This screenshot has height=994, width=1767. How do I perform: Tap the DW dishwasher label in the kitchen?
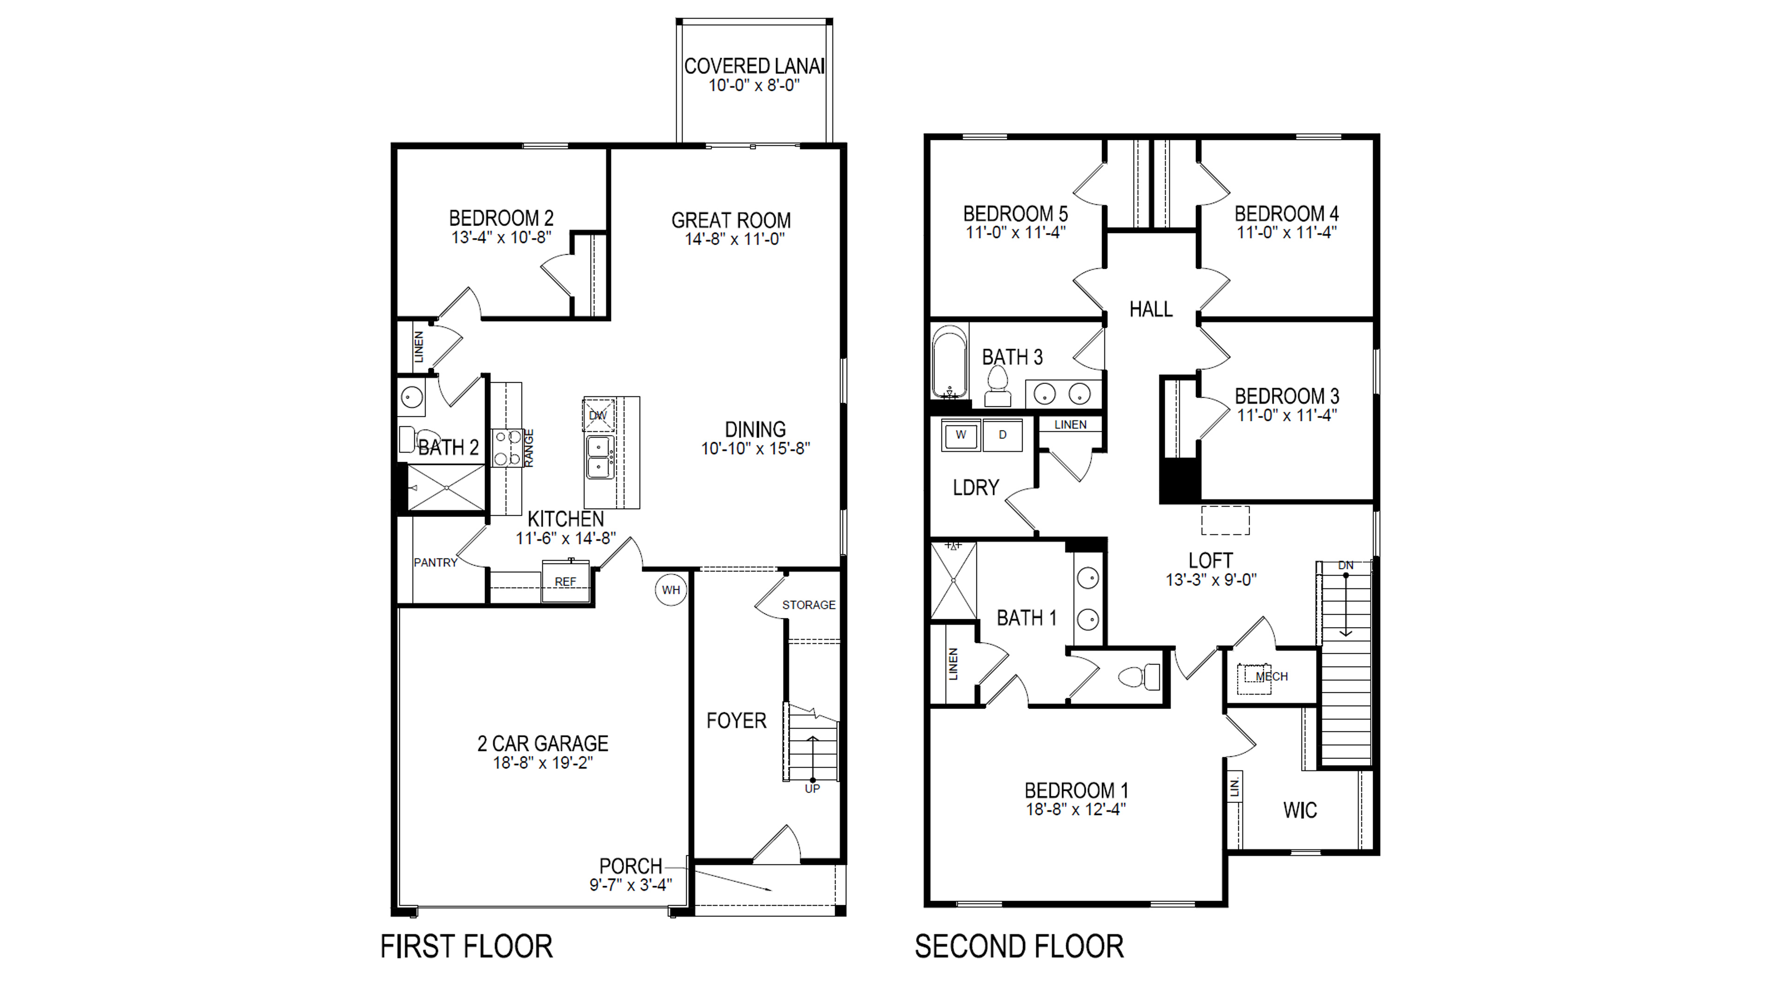pos(598,416)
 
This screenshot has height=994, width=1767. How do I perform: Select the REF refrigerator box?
pos(566,582)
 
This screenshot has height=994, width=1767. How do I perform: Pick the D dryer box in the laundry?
pos(1002,435)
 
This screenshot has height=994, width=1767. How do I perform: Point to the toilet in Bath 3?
pos(997,388)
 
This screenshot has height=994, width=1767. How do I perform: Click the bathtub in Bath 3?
pos(950,362)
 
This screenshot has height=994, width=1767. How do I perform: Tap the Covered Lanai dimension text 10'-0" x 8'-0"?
pos(754,86)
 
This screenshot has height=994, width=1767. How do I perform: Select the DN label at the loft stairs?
pos(1346,566)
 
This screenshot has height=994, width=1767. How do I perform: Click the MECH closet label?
pos(1271,676)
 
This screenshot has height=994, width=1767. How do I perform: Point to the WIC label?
pos(1300,810)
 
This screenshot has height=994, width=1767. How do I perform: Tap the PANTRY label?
pos(435,563)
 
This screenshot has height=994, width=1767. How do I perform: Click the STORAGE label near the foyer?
pos(809,605)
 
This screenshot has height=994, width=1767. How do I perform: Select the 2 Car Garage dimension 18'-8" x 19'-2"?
pos(543,763)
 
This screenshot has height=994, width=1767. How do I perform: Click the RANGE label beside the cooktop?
pos(529,448)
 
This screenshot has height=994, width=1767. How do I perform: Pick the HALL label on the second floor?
pos(1151,309)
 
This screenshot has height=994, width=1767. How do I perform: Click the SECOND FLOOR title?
pos(1019,947)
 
